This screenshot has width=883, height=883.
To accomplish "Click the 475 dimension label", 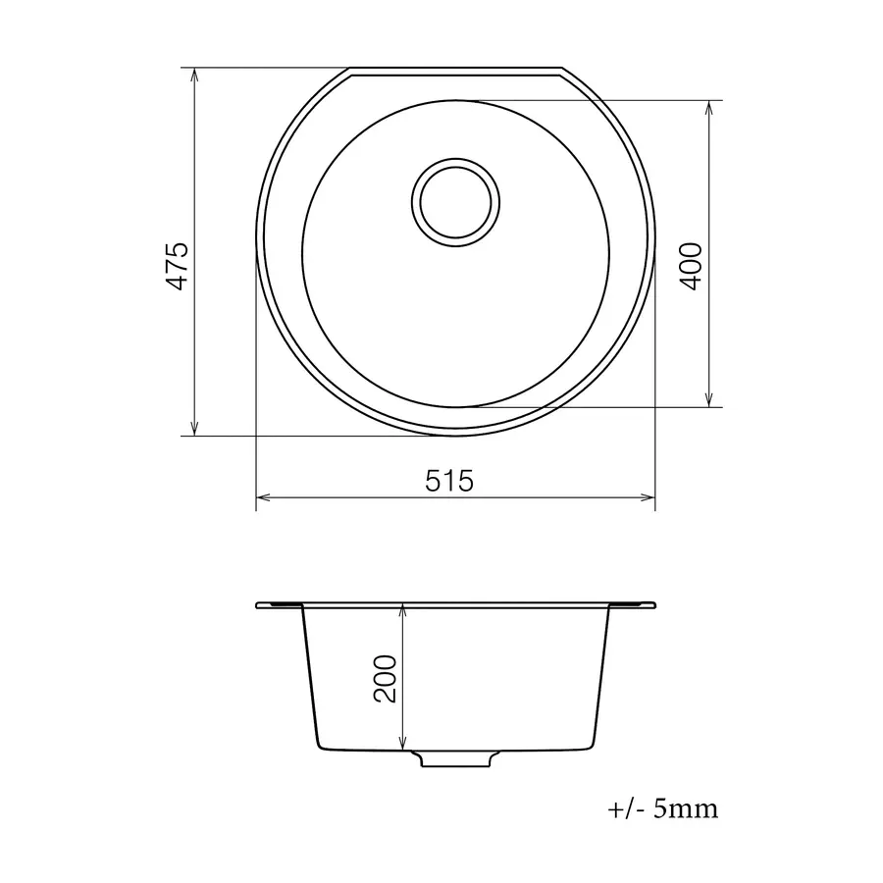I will [x=177, y=264].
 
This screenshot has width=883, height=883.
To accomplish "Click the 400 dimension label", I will [x=690, y=264].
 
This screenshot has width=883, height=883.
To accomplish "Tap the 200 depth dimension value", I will [x=385, y=677].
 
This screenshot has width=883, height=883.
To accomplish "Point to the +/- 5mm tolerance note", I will [x=663, y=809].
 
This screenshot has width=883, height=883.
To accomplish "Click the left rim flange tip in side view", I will [x=258, y=605].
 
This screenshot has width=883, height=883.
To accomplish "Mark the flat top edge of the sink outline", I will [x=455, y=70].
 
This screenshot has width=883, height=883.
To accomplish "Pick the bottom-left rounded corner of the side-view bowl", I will [x=319, y=745].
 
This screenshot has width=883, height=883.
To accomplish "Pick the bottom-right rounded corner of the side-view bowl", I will [x=592, y=745].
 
